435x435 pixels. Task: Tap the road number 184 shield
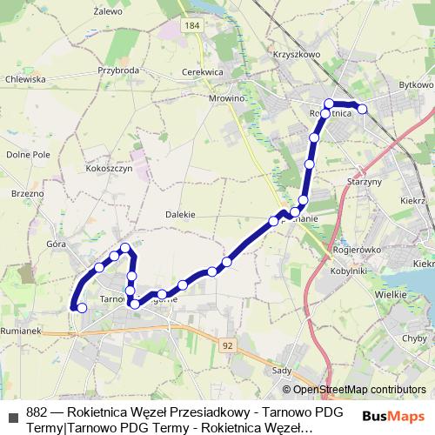[192, 26]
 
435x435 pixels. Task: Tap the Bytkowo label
[415, 85]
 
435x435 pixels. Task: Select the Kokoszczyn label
[109, 169]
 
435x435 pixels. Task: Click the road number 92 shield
[227, 321]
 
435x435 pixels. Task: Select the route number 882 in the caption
[37, 412]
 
